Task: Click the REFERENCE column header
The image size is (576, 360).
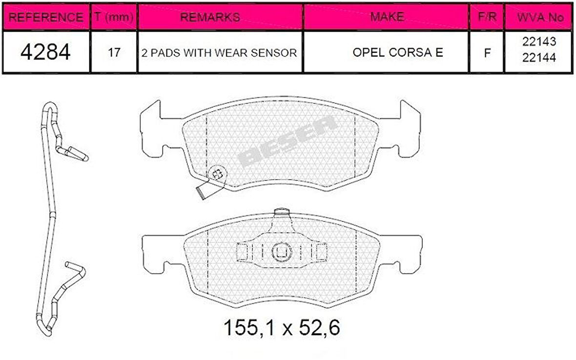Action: [45, 17]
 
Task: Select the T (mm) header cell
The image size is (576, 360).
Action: [114, 17]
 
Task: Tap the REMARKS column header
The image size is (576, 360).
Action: [210, 17]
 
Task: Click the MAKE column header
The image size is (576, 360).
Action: [387, 17]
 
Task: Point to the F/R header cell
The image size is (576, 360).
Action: [487, 17]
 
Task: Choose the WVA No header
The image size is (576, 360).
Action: [540, 17]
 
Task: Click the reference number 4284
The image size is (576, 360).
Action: [45, 52]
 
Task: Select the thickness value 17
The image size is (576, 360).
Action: [114, 53]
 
